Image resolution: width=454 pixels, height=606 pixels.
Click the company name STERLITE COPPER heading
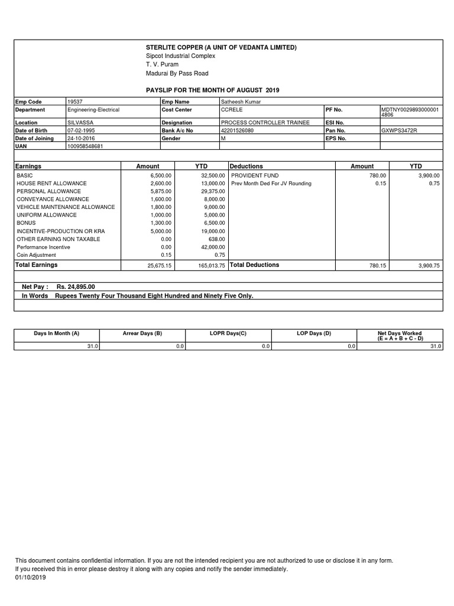[x=221, y=47]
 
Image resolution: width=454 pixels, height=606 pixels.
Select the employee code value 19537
[x=76, y=102]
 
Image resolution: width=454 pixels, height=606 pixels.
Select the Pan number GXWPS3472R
[x=399, y=130]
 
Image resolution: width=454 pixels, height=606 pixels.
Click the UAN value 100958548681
[x=85, y=146]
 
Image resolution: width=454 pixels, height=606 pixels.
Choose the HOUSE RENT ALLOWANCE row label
[x=51, y=183]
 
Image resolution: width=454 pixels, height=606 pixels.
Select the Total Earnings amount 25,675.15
[x=159, y=266]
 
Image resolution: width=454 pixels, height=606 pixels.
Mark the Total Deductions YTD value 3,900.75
[x=429, y=266]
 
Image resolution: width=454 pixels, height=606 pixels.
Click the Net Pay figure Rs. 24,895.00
[x=76, y=286]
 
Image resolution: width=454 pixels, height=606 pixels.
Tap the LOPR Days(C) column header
[x=228, y=334]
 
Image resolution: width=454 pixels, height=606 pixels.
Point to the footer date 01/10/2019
[x=30, y=578]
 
